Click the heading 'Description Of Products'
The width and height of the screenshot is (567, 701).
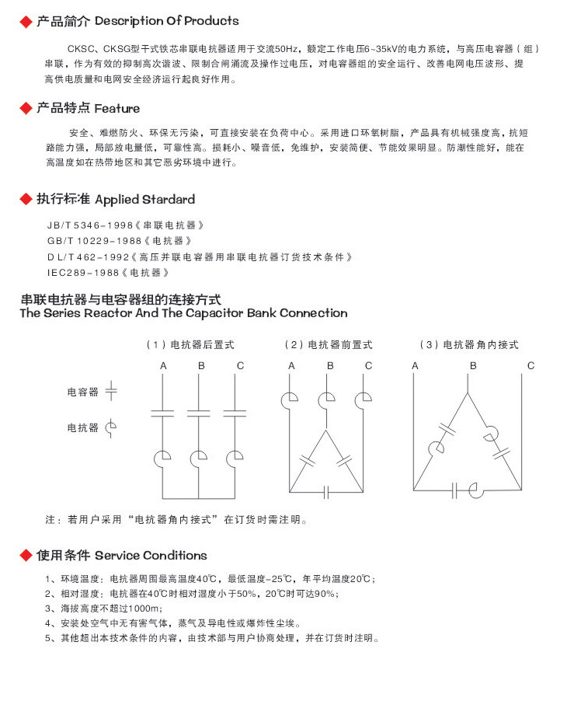tap(166, 21)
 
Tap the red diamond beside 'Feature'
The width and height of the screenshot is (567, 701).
tap(26, 109)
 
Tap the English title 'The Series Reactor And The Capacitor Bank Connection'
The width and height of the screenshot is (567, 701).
tap(183, 313)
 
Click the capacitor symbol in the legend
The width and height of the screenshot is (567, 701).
tap(111, 392)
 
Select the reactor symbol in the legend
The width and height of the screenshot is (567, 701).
tap(111, 427)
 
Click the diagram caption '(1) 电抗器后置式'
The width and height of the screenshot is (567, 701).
tap(190, 344)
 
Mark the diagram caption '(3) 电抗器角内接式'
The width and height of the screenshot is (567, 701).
tap(468, 344)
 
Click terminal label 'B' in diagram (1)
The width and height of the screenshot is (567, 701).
tap(201, 365)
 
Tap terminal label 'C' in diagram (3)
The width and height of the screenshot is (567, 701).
tap(530, 365)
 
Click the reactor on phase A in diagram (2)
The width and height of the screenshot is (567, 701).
tap(290, 399)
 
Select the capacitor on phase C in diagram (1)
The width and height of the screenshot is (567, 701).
tap(239, 412)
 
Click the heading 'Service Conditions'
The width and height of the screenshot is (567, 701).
tap(151, 556)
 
